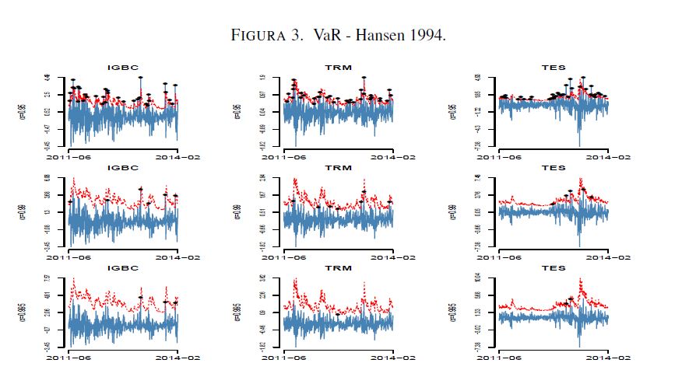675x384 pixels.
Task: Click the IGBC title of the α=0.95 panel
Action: [x=121, y=68]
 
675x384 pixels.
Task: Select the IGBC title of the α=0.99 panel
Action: [x=121, y=168]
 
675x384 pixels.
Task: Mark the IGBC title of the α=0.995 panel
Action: [x=121, y=267]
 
